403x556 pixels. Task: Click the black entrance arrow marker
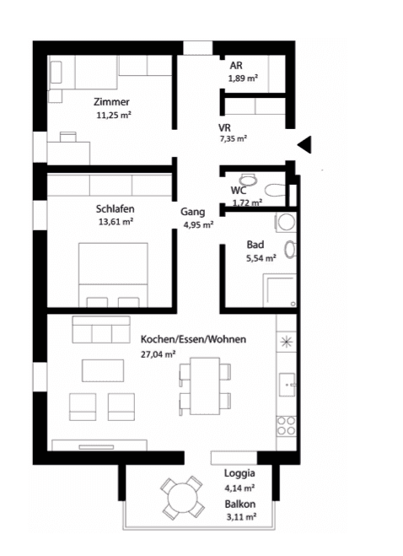[305, 144]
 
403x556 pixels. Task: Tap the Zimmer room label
[111, 102]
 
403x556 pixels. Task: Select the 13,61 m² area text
[116, 222]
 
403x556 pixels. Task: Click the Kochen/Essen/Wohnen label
[194, 339]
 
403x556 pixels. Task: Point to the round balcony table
[183, 498]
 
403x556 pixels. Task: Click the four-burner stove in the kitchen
[286, 426]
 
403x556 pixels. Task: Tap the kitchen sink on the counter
[287, 385]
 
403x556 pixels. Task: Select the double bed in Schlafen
[113, 275]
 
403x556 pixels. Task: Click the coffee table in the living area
[103, 370]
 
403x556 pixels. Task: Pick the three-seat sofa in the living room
[101, 330]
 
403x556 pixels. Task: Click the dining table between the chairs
[205, 386]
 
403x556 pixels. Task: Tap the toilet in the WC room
[275, 191]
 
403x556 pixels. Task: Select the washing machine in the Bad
[286, 223]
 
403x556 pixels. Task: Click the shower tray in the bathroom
[280, 291]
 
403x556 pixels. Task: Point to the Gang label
[193, 212]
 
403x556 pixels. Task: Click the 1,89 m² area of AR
[243, 78]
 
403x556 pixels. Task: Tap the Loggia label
[239, 473]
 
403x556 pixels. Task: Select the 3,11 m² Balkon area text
[241, 517]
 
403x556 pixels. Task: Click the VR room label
[224, 127]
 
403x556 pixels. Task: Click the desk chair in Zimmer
[68, 137]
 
